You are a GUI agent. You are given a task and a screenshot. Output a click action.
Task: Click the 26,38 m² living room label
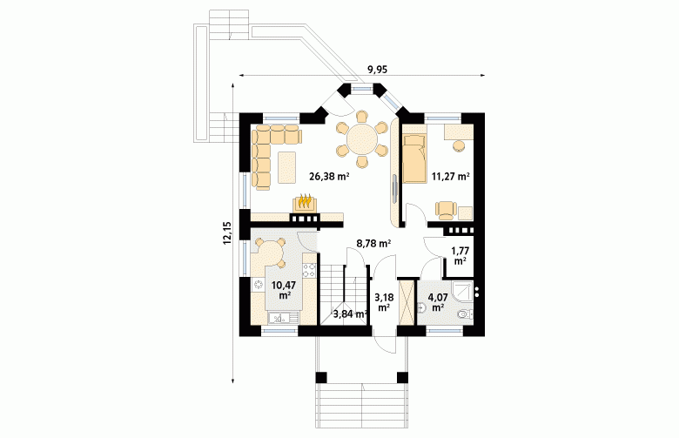tap(329, 176)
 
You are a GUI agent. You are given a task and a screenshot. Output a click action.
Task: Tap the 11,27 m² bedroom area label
tap(451, 176)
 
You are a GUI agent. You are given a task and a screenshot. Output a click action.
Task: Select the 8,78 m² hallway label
tap(373, 244)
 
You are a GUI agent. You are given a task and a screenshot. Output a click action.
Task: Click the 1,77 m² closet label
tap(460, 256)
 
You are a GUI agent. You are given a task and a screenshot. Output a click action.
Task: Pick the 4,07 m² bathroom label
tap(437, 302)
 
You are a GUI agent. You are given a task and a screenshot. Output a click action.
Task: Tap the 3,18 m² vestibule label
tap(383, 302)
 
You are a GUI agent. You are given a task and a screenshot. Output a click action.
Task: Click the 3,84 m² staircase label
tap(350, 314)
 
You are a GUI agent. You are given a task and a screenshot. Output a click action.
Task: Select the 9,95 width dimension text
tap(377, 70)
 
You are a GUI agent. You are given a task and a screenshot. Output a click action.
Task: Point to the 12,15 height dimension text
tap(228, 233)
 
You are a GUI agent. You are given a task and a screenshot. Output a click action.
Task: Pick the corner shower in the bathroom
tap(463, 290)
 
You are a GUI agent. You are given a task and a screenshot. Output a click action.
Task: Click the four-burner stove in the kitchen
tap(309, 271)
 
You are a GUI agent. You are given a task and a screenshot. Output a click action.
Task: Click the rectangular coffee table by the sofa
tap(287, 167)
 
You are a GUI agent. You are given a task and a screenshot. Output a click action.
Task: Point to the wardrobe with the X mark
tap(407, 302)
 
